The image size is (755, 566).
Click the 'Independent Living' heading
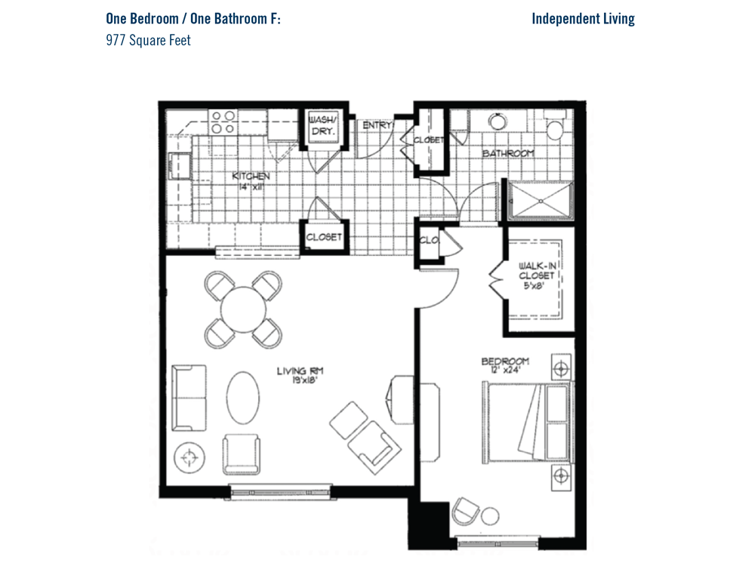pyautogui.click(x=583, y=20)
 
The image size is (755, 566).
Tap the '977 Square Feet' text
pyautogui.click(x=148, y=40)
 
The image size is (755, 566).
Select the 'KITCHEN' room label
pyautogui.click(x=251, y=176)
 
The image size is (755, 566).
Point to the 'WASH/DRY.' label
pyautogui.click(x=322, y=125)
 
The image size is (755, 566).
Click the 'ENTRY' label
pyautogui.click(x=377, y=125)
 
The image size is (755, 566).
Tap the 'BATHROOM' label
pyautogui.click(x=508, y=153)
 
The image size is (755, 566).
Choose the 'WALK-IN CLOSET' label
pyautogui.click(x=537, y=270)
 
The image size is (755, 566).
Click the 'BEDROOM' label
pyautogui.click(x=505, y=361)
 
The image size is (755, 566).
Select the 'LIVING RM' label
pyautogui.click(x=300, y=371)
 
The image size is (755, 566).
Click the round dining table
pyautogui.click(x=243, y=309)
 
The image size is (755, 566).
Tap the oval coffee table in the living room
pyautogui.click(x=242, y=398)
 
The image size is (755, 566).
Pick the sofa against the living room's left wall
pyautogui.click(x=190, y=398)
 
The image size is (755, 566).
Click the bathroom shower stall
pyautogui.click(x=541, y=200)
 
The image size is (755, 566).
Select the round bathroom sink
pyautogui.click(x=498, y=121)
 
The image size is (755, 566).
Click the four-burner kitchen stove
pyautogui.click(x=223, y=122)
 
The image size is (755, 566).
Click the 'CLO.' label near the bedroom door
pyautogui.click(x=429, y=240)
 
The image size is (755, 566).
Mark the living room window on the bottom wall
pyautogui.click(x=281, y=492)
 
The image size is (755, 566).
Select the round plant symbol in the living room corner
pyautogui.click(x=190, y=457)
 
